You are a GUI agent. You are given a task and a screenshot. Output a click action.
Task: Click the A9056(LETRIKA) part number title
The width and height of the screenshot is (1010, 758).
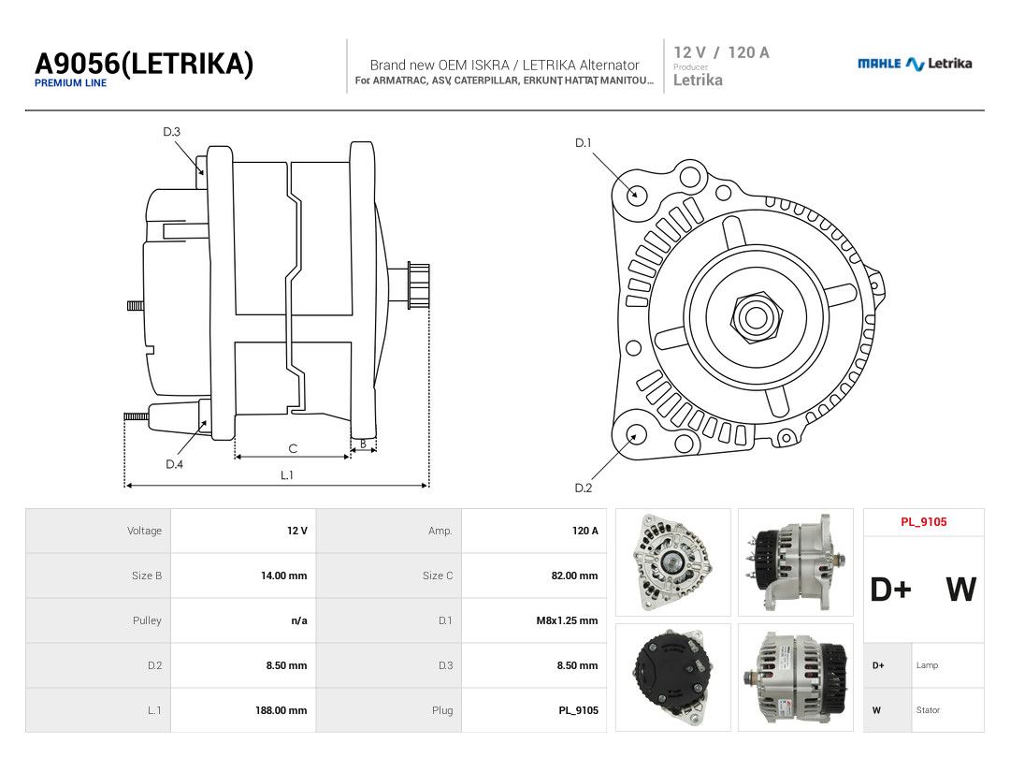144,64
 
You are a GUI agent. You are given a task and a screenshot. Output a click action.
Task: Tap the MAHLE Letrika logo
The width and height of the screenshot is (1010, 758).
915,64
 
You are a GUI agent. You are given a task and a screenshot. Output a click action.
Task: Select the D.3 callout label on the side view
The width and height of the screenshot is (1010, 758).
171,132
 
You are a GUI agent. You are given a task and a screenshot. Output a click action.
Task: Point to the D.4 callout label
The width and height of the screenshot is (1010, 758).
174,464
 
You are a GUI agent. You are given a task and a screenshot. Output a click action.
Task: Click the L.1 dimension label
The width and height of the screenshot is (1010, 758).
287,475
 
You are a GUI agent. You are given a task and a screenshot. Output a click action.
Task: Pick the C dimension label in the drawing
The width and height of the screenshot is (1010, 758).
293,448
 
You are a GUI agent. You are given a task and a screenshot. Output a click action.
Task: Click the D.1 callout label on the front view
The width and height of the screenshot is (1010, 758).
583,142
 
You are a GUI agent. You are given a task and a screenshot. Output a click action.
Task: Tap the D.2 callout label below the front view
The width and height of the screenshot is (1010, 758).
583,488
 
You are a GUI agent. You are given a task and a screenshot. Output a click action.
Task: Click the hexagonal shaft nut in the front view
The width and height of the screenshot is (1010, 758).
757,316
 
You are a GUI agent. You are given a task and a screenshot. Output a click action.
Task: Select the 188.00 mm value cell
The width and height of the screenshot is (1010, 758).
281,710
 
